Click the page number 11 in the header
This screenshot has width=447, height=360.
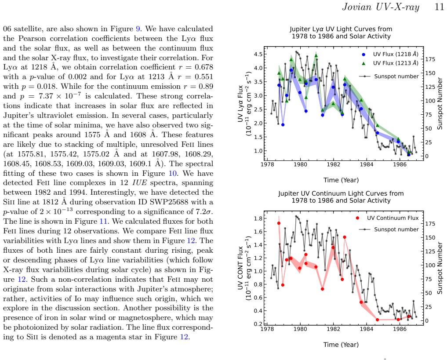(439, 7)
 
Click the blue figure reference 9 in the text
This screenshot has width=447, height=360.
(138, 29)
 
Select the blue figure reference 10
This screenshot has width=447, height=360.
(172, 173)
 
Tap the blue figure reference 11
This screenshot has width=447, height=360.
(103, 221)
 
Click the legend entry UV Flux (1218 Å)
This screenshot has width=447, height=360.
(396, 54)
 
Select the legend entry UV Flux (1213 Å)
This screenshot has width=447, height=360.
(396, 63)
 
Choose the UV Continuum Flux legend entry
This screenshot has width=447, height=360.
(392, 218)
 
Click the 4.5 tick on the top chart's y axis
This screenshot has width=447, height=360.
(259, 54)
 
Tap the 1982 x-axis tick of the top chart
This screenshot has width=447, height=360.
(333, 164)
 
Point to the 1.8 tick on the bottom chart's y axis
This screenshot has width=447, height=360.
(258, 218)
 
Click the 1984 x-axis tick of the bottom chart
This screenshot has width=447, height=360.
(367, 329)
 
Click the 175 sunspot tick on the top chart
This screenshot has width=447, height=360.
(430, 59)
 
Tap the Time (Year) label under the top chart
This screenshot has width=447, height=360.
(341, 180)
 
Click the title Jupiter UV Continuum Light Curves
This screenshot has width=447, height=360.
(341, 193)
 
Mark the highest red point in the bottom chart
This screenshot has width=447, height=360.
(279, 223)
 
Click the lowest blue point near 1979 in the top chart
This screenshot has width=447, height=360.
(283, 125)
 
